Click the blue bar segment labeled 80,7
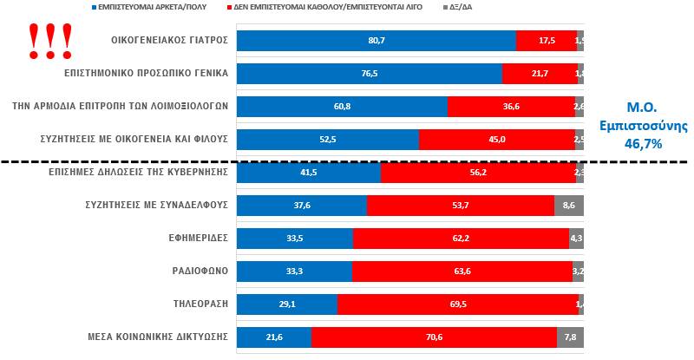[x=376, y=41]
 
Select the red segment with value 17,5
[x=546, y=41]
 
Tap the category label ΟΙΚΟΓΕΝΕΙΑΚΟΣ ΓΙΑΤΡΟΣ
[x=170, y=41]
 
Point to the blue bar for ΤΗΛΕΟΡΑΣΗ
[x=286, y=304]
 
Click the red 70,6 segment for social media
[x=434, y=337]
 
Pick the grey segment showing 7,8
[x=570, y=337]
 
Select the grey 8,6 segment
[x=568, y=206]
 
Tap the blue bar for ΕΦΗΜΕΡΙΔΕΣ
[x=294, y=239]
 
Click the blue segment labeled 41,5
[x=308, y=173]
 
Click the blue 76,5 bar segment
[x=369, y=74]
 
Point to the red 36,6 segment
[x=510, y=107]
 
